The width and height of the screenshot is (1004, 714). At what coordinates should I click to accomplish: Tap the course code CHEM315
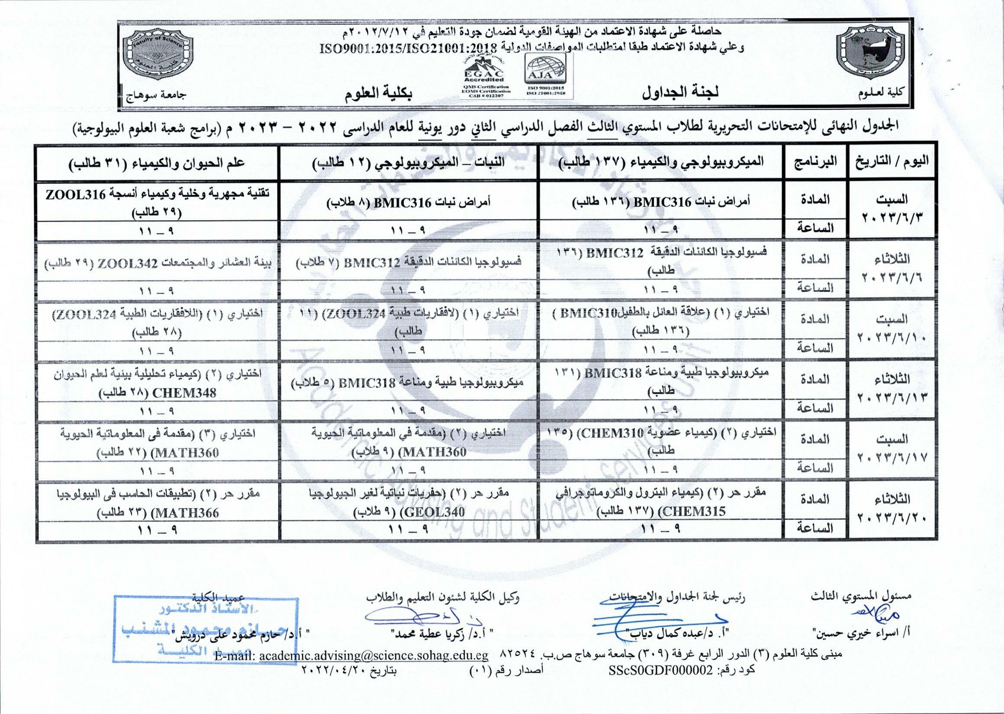tap(692, 512)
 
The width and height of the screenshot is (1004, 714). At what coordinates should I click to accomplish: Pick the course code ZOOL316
tap(75, 195)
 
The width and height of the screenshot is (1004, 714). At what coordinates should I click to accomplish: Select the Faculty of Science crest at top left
tap(158, 54)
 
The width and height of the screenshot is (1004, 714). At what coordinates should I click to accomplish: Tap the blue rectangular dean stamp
tap(205, 629)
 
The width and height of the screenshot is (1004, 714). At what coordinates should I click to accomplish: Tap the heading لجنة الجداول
tap(680, 93)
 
